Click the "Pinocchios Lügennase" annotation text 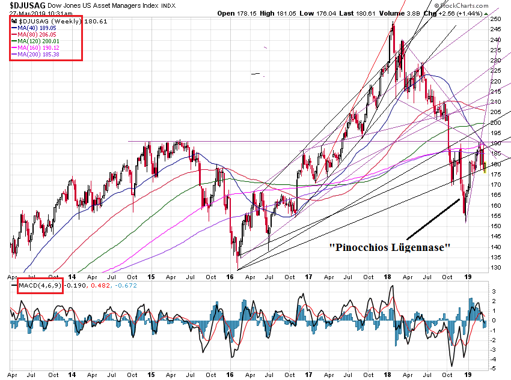coord(389,247)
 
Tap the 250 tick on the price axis coord(496,19)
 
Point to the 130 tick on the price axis coord(496,268)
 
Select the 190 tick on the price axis coord(496,143)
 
